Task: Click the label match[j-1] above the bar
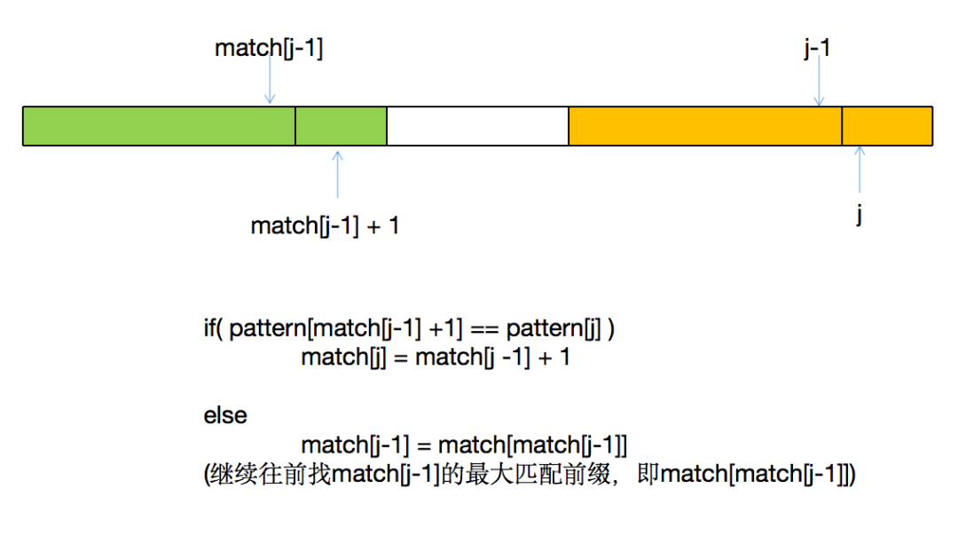click(x=269, y=48)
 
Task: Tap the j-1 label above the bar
click(x=818, y=48)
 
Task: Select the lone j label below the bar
click(x=859, y=215)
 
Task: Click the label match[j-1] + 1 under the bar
click(x=325, y=226)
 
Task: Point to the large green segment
click(x=159, y=126)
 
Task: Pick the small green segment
click(x=341, y=126)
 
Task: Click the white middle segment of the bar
click(x=478, y=126)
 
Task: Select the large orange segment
click(x=705, y=126)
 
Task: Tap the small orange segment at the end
click(x=887, y=126)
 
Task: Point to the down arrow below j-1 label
click(x=819, y=81)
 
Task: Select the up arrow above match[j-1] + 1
click(x=337, y=175)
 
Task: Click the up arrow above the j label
click(x=860, y=169)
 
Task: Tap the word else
click(x=225, y=415)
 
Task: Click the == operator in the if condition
click(x=484, y=330)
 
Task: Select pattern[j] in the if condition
click(x=554, y=329)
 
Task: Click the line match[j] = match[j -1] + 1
click(x=436, y=357)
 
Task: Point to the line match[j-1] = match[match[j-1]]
click(x=464, y=445)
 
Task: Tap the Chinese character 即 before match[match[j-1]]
click(x=648, y=474)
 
